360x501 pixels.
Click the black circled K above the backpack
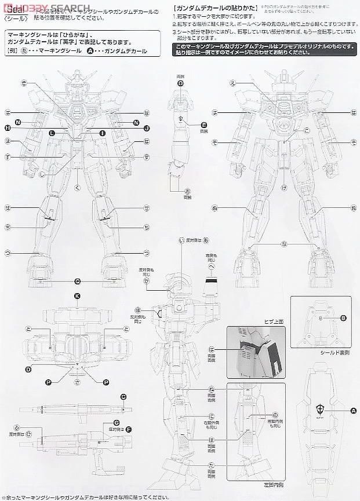(77, 296)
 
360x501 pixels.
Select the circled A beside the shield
(353, 411)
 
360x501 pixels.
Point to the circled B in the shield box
(343, 317)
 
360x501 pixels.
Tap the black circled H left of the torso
(8, 127)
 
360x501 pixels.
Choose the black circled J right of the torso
(147, 127)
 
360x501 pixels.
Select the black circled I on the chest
(102, 133)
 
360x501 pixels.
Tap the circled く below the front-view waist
(77, 187)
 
